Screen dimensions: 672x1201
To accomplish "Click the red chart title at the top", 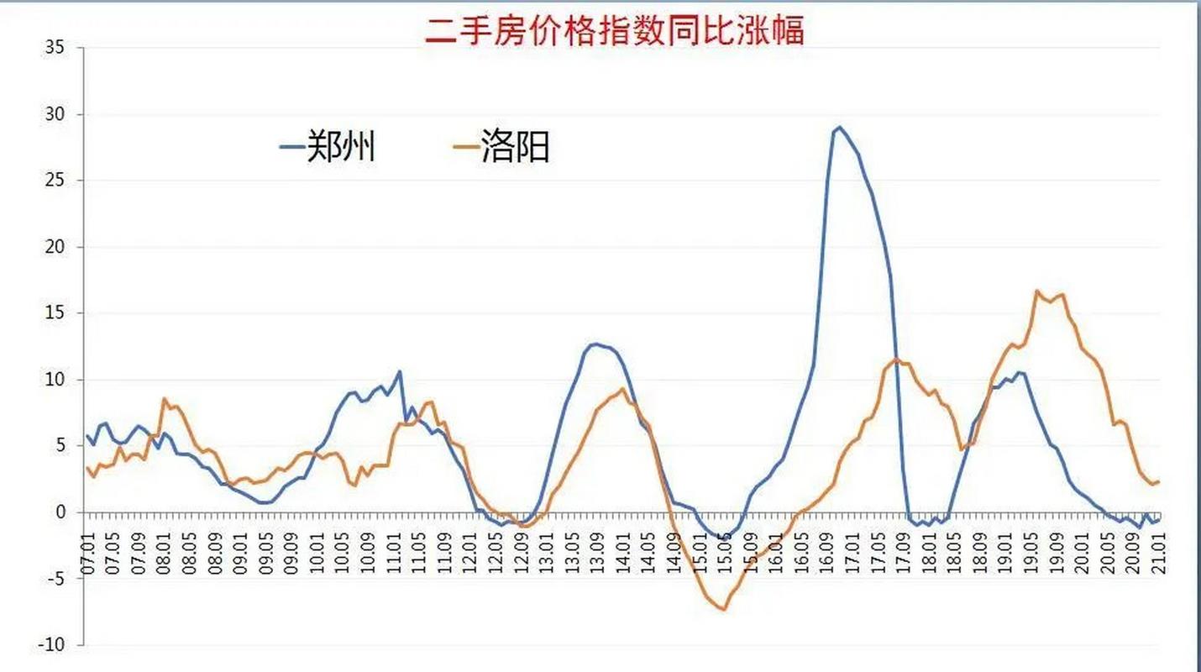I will point(615,30).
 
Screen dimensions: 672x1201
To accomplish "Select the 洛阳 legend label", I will point(515,146).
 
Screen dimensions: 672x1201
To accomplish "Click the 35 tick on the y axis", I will point(55,47).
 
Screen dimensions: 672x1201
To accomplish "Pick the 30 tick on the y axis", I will point(55,114).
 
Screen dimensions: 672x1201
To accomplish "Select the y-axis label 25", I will point(55,181).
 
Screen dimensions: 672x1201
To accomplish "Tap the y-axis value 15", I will point(55,313).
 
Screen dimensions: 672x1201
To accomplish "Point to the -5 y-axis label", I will point(55,579).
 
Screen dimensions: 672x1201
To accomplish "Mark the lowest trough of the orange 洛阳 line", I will point(723,609).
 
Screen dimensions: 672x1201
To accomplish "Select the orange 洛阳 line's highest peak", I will point(1037,291).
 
